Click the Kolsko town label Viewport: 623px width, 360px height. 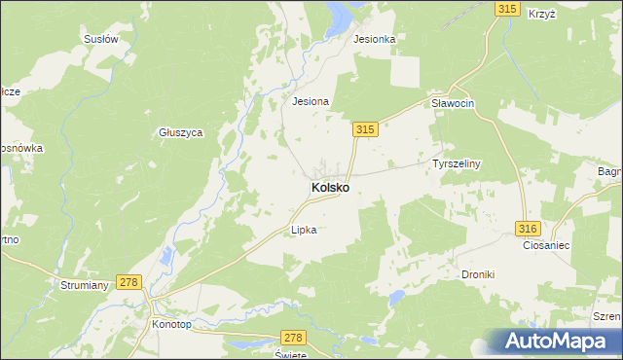331,186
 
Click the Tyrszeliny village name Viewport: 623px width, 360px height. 457,164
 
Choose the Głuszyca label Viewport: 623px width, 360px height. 180,132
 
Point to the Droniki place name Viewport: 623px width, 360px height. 478,274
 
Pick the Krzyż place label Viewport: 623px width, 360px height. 541,14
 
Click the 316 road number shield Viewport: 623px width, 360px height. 527,228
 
